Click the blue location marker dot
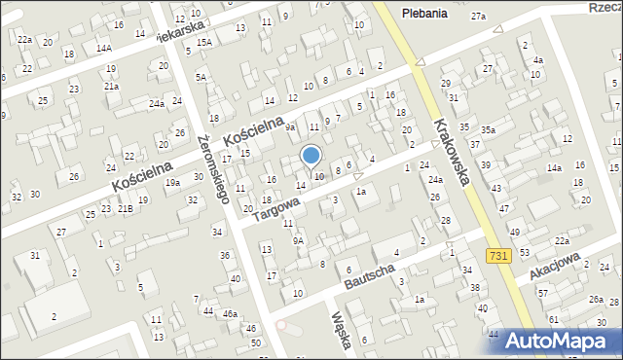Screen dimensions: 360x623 [311, 155]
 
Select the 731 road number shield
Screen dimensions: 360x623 [496, 254]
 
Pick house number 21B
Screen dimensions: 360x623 [126, 208]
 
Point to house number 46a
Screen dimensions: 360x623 [230, 314]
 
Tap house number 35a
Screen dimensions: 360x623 [488, 129]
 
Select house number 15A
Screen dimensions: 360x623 [202, 42]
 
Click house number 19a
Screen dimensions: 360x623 [172, 182]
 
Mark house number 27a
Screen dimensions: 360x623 [478, 17]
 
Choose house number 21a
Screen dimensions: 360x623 [112, 86]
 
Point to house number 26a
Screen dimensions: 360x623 [595, 300]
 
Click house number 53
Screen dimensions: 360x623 [525, 252]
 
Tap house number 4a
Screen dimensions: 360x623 [537, 60]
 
